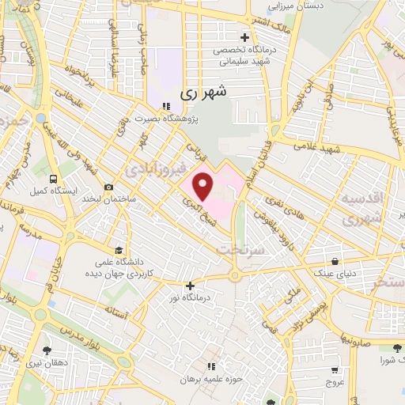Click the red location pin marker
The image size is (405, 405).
203,187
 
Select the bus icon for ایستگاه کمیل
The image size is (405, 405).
52,179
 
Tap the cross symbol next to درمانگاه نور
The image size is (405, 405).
190,286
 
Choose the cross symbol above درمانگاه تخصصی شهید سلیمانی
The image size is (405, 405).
244,37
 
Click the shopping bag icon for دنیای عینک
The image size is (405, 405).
336,262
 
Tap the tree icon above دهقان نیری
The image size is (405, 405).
47,348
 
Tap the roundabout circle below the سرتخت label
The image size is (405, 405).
234,275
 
